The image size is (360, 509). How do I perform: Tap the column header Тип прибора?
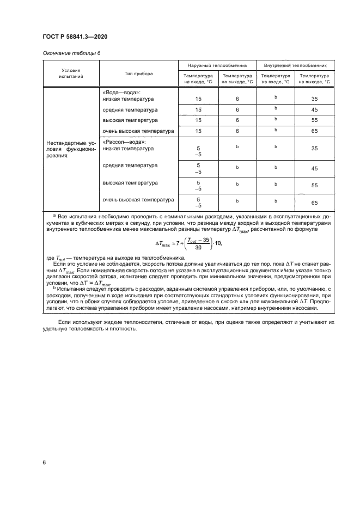[x=138, y=73]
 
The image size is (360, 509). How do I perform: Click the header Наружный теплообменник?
[x=218, y=65]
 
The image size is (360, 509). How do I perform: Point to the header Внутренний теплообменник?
[x=295, y=65]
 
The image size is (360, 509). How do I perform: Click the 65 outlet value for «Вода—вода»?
[x=314, y=131]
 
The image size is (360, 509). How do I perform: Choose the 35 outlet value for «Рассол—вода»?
[x=314, y=148]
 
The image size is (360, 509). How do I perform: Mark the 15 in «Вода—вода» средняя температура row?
[x=199, y=110]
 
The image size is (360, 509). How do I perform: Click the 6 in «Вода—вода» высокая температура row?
[x=237, y=120]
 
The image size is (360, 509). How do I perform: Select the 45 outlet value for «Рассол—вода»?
[x=314, y=168]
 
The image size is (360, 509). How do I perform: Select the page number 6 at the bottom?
[x=44, y=462]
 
